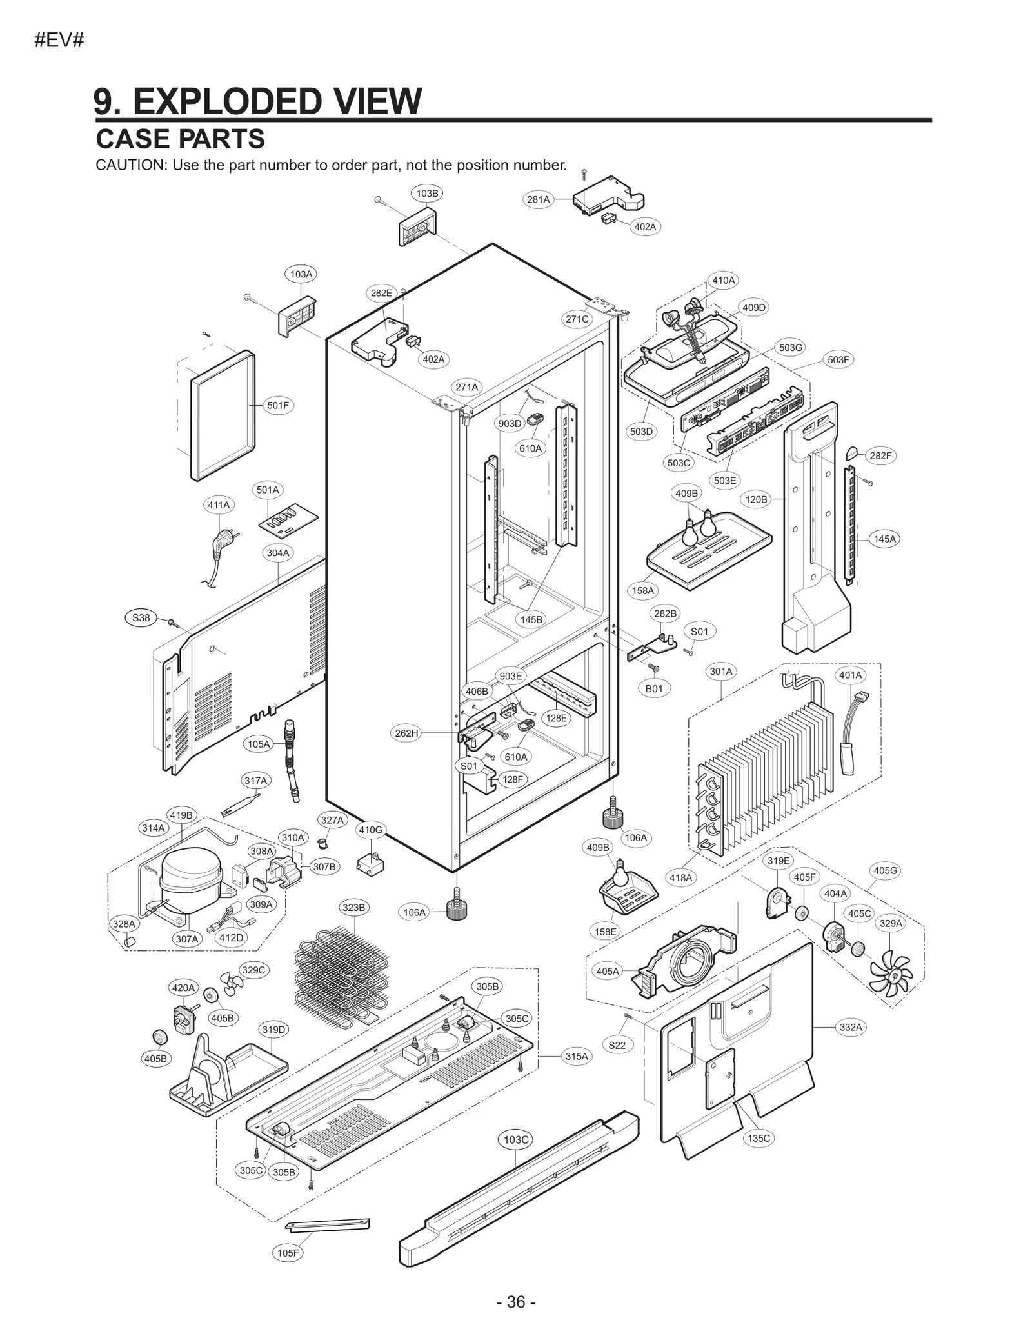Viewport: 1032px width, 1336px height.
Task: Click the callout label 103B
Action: tap(426, 193)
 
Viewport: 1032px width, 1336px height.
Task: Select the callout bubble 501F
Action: tap(278, 405)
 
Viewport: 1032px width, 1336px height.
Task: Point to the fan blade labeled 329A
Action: tap(891, 977)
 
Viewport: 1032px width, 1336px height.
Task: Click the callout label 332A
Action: tap(851, 1027)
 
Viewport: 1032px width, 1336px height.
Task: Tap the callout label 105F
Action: tap(288, 1253)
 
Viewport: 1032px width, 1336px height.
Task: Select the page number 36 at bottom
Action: tap(516, 1302)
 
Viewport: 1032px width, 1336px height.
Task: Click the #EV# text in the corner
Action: tap(59, 40)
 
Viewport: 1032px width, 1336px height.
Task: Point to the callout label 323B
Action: tap(354, 908)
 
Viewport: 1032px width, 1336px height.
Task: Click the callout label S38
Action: tap(141, 617)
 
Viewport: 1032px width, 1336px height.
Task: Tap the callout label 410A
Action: tap(723, 280)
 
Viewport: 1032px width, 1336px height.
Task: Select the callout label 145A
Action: tap(884, 539)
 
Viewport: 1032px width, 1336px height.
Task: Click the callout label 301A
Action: tap(721, 672)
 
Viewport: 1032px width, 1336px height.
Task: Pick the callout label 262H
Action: tap(406, 733)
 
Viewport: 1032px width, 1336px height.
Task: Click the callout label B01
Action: tap(654, 688)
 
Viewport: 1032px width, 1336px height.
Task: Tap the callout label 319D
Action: tap(273, 1030)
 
